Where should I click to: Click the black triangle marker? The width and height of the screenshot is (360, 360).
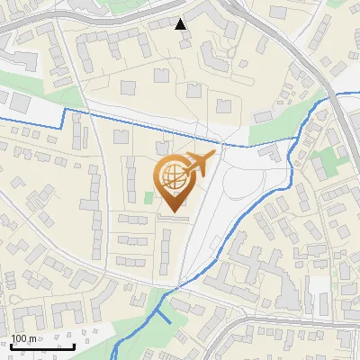pyautogui.click(x=181, y=23)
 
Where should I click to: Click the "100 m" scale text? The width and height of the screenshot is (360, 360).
pyautogui.click(x=23, y=338)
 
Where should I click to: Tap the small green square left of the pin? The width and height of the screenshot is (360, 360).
pyautogui.click(x=149, y=197)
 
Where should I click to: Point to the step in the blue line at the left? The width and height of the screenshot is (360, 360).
pyautogui.click(x=64, y=112)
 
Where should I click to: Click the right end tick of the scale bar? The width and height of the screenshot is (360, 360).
pyautogui.click(x=73, y=345)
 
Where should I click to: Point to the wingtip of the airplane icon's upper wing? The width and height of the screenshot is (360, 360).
pyautogui.click(x=213, y=154)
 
